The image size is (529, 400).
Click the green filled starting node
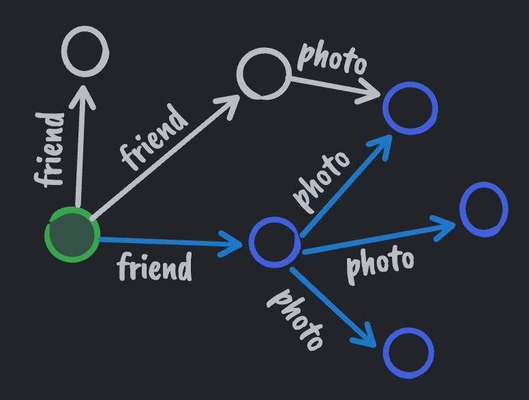pos(72,234)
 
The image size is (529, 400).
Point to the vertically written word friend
pos(50,149)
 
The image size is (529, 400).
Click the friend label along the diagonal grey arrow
pos(153,137)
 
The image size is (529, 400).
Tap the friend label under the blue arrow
pos(155,267)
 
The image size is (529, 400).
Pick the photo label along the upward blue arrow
pos(321,182)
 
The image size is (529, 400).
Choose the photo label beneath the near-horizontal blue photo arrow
pos(380,263)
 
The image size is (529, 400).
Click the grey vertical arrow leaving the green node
pos(80,146)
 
